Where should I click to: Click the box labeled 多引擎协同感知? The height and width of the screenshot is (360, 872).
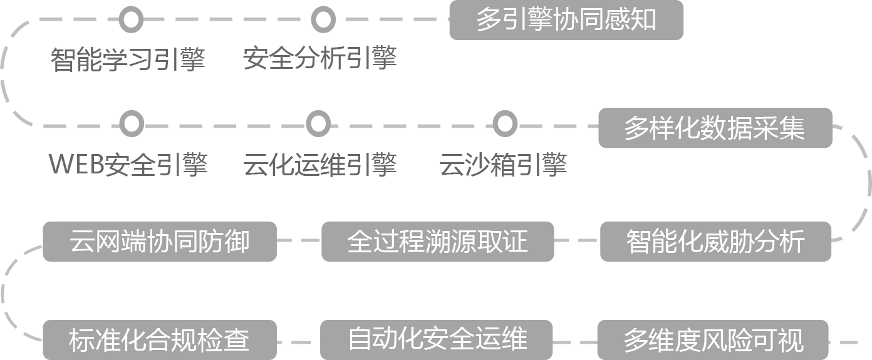pyautogui.click(x=566, y=20)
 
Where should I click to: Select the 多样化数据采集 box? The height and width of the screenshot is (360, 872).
pyautogui.click(x=715, y=128)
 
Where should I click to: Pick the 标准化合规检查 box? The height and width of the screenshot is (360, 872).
pyautogui.click(x=159, y=340)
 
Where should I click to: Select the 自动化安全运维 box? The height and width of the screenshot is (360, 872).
pyautogui.click(x=437, y=340)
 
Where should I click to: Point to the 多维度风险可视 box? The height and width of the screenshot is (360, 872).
pyautogui.click(x=713, y=340)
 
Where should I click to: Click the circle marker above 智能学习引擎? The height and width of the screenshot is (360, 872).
pyautogui.click(x=130, y=19)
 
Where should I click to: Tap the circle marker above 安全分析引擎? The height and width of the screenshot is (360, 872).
pyautogui.click(x=322, y=19)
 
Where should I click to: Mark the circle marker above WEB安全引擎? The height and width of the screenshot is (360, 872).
pyautogui.click(x=131, y=123)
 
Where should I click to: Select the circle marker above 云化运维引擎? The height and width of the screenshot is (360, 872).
pyautogui.click(x=318, y=123)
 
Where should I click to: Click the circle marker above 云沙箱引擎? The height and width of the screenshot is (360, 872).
pyautogui.click(x=504, y=123)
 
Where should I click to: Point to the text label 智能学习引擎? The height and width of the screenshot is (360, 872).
pyautogui.click(x=128, y=59)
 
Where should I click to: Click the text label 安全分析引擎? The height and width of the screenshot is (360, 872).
pyautogui.click(x=319, y=59)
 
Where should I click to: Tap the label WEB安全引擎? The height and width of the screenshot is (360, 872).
pyautogui.click(x=128, y=164)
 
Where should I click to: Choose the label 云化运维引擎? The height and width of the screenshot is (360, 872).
pyautogui.click(x=319, y=164)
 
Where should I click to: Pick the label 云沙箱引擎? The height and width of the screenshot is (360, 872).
pyautogui.click(x=503, y=164)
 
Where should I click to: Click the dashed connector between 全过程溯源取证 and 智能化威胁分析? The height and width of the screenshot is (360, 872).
pyautogui.click(x=577, y=240)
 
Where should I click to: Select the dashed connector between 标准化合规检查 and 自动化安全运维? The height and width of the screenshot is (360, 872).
pyautogui.click(x=298, y=342)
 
